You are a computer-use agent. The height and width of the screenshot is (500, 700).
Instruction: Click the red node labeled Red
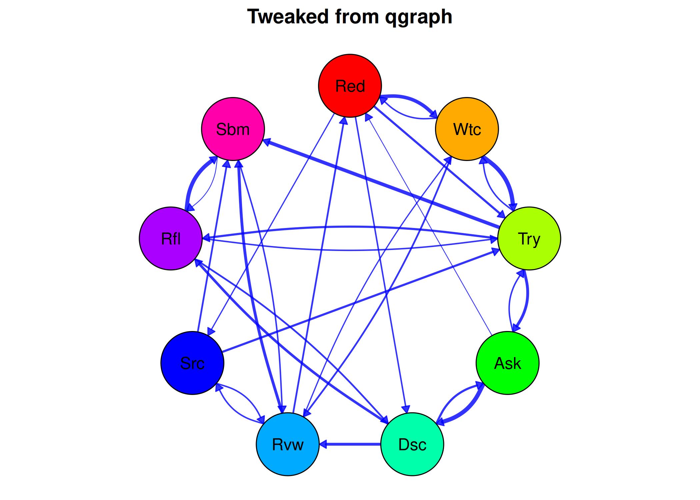350,86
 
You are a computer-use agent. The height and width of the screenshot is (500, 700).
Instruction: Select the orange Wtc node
467,129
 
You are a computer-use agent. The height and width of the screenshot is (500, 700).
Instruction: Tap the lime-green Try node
529,238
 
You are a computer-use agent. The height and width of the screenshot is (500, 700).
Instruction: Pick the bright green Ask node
507,363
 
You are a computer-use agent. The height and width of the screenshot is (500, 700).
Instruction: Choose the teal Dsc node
412,444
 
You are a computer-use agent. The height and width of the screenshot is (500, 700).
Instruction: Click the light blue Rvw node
288,444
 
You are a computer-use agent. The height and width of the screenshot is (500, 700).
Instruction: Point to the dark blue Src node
192,363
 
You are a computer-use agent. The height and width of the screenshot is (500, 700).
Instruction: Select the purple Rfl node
171,238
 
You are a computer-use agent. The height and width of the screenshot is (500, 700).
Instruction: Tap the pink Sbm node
233,129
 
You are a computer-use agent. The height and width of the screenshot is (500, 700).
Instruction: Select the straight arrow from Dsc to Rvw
353,444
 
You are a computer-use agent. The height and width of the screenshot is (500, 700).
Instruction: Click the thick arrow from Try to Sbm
383,185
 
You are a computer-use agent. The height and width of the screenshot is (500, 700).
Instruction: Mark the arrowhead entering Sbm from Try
267,142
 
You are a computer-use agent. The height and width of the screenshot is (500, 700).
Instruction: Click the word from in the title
357,17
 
